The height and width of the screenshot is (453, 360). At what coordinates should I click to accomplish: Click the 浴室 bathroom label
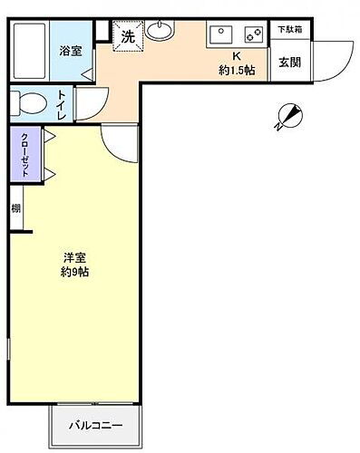click(72, 51)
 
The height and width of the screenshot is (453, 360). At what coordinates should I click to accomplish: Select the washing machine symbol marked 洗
click(127, 39)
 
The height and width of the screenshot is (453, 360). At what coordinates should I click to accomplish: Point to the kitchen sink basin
click(221, 35)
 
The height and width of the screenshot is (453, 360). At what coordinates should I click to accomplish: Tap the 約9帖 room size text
click(73, 272)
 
